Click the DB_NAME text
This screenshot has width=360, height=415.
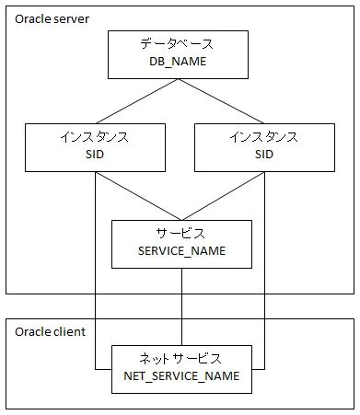coord(179,62)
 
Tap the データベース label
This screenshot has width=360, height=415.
coord(179,43)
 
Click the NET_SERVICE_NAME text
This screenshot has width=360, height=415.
coord(180,375)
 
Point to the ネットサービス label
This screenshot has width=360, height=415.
coord(180,357)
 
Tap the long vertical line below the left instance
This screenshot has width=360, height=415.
coord(96,276)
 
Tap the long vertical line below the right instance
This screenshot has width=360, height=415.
coord(264,276)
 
